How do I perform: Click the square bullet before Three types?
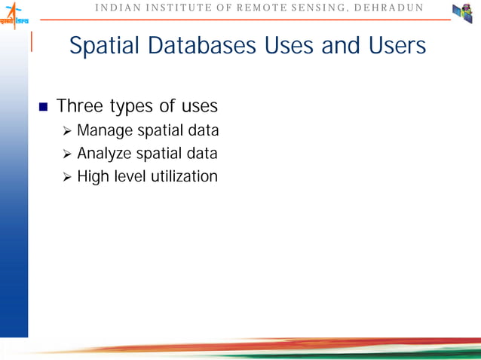pyautogui.click(x=42, y=106)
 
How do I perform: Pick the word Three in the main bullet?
pyautogui.click(x=80, y=105)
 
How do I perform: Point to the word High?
pyautogui.click(x=93, y=177)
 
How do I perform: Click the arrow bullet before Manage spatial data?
pyautogui.click(x=67, y=133)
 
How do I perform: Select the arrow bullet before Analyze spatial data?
pyautogui.click(x=67, y=155)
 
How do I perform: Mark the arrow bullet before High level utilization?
pyautogui.click(x=67, y=178)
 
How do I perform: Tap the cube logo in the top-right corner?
pyautogui.click(x=462, y=13)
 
